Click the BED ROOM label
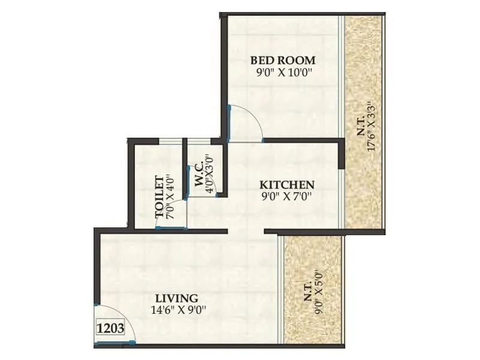(x=283, y=61)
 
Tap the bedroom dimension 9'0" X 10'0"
(x=283, y=73)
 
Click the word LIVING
(x=176, y=298)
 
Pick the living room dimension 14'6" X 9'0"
(x=176, y=310)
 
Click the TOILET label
(x=160, y=196)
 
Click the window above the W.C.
(x=199, y=142)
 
